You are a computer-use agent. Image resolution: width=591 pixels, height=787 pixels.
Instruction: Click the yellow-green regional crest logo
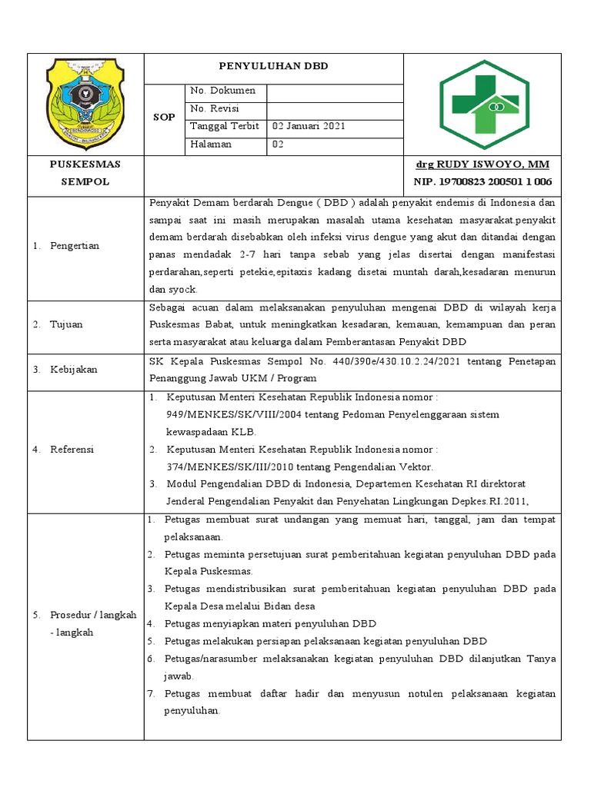coord(85,103)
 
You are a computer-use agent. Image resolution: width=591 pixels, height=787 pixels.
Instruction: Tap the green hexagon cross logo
coord(483,103)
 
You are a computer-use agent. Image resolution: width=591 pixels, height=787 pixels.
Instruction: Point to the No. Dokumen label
coord(217,91)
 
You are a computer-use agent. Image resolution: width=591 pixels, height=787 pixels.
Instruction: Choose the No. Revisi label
coord(215,108)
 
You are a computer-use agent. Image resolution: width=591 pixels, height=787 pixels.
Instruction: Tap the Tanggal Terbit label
coord(225,126)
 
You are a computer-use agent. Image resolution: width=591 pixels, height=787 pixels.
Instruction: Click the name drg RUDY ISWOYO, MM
coord(482,164)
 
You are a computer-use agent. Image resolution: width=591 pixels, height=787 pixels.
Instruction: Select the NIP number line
coord(482,181)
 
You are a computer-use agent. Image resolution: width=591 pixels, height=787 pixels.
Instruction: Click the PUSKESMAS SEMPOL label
coord(85,173)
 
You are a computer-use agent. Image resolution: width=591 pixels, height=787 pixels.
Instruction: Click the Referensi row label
coord(72,450)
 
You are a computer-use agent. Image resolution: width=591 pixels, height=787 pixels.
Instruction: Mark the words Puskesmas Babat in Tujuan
coord(184,324)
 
